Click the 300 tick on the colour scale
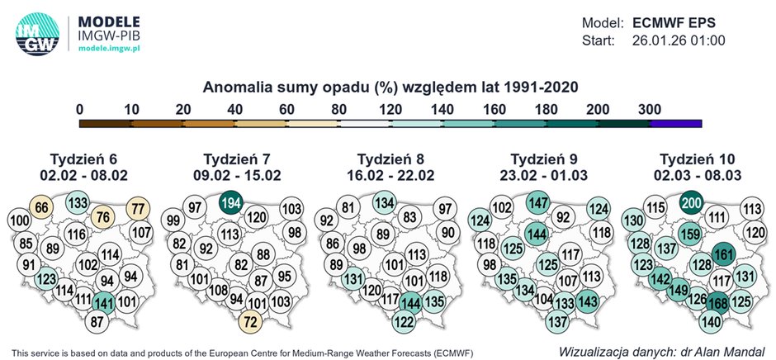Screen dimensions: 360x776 pyautogui.click(x=650, y=108)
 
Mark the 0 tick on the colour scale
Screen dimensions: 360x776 pyautogui.click(x=79, y=108)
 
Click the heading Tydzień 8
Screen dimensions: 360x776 pyautogui.click(x=390, y=159)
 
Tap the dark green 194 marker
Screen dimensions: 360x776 pyautogui.click(x=232, y=203)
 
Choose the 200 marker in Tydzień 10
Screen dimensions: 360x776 pyautogui.click(x=692, y=203)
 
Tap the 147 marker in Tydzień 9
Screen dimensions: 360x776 pyautogui.click(x=539, y=203)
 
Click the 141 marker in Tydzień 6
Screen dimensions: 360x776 pyautogui.click(x=104, y=301)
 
